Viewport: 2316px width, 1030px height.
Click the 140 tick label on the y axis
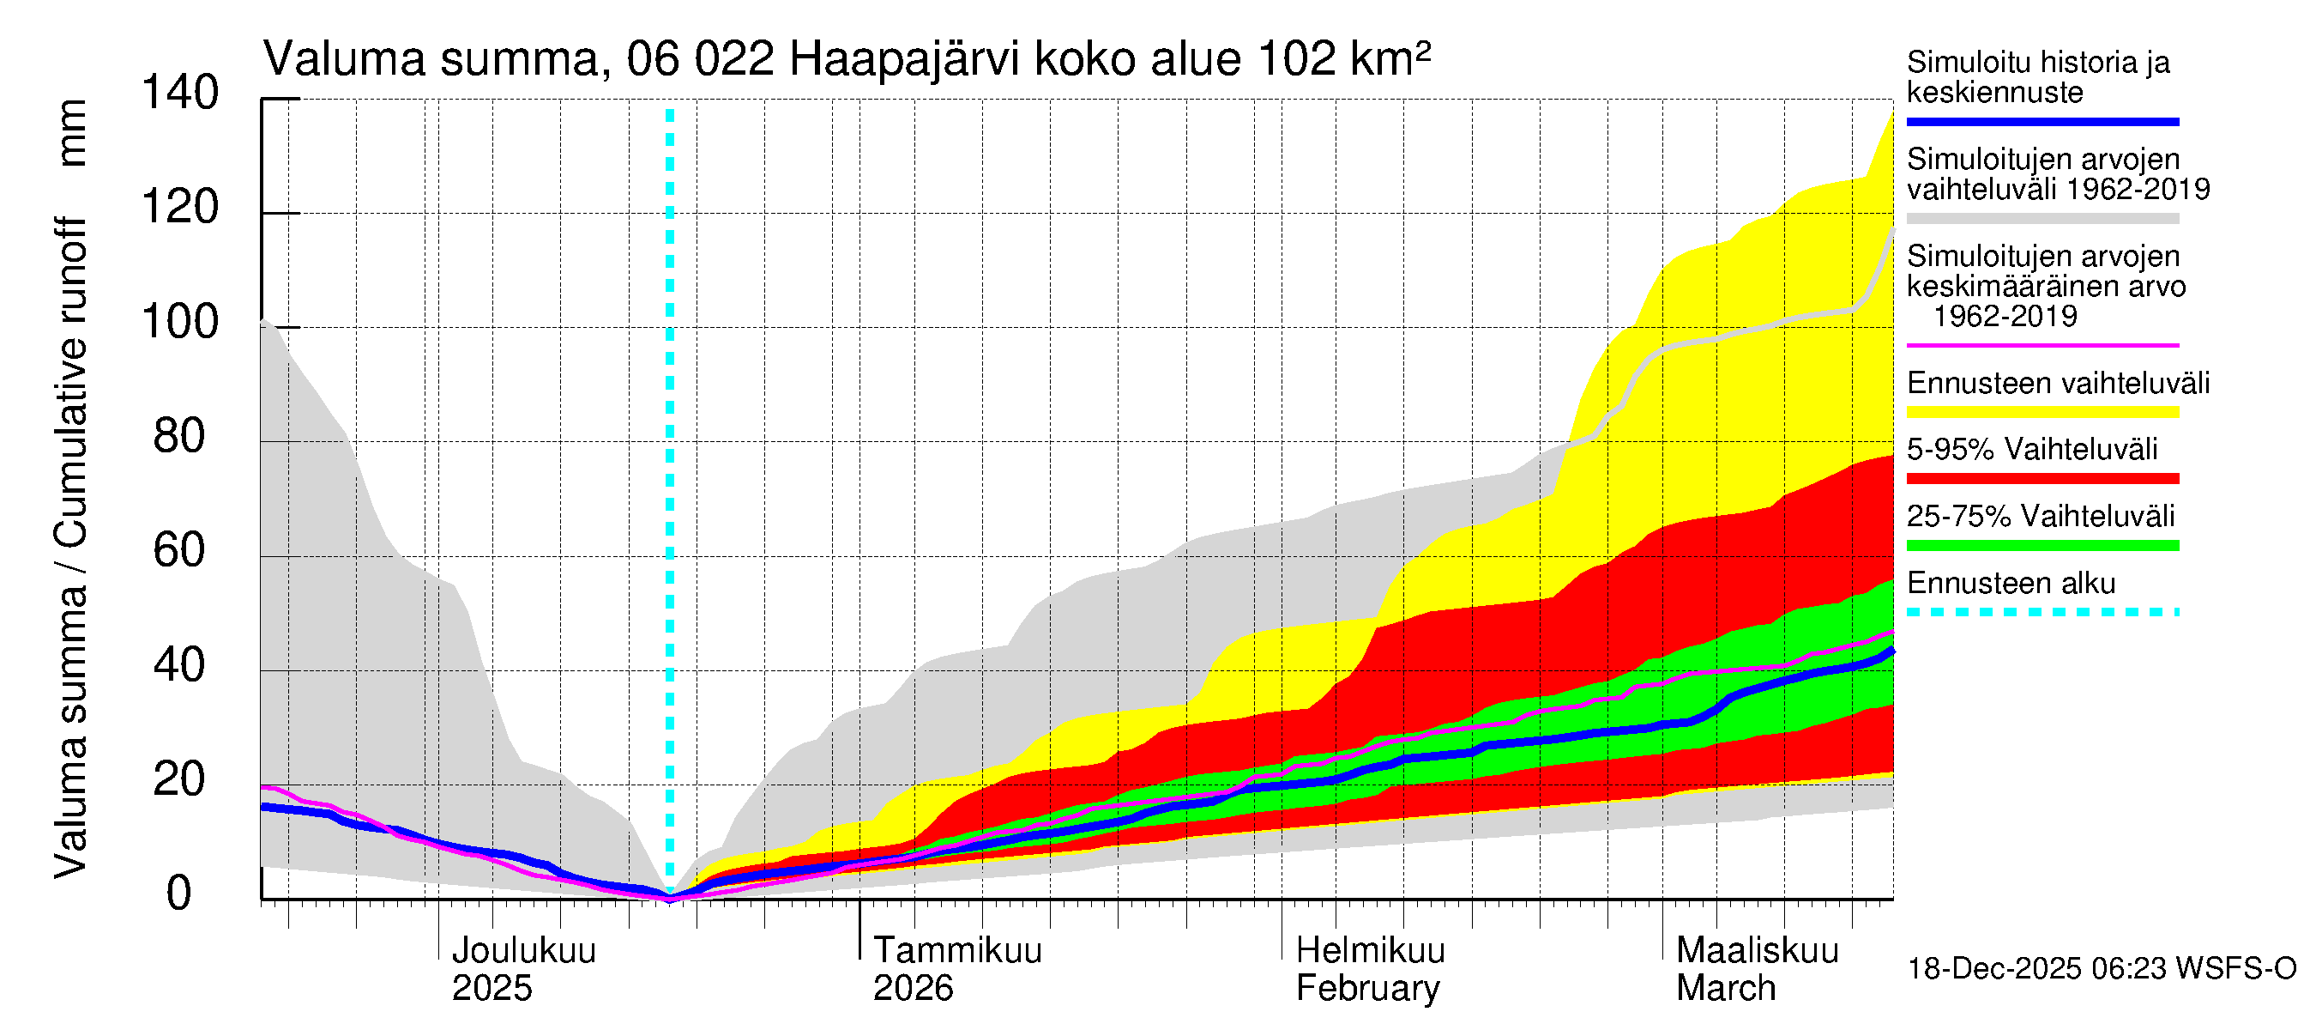(180, 93)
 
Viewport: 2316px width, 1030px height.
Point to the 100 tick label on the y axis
(180, 322)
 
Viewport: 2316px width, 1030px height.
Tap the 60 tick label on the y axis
(180, 550)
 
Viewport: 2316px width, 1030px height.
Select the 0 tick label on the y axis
(179, 894)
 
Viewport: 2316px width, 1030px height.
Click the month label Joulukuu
(523, 950)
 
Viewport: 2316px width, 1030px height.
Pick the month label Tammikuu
(957, 950)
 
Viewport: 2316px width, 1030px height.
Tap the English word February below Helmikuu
(1367, 988)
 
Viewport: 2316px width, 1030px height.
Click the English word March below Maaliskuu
(1725, 988)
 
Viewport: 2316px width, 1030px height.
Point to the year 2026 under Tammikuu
(913, 988)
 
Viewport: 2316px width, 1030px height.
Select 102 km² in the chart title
(1343, 60)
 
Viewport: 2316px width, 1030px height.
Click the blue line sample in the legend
(2042, 121)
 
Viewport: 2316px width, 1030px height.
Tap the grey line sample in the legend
(2042, 219)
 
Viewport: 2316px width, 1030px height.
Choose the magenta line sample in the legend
(2042, 345)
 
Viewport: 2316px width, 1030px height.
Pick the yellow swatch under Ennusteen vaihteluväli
(2042, 413)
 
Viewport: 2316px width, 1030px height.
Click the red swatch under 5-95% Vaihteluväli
(2042, 479)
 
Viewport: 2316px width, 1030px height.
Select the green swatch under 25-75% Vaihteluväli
(2042, 545)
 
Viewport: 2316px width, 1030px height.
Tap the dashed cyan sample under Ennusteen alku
(2042, 613)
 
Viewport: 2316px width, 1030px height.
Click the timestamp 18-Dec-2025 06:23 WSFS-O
(2101, 969)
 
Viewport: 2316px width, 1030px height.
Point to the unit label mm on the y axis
(72, 133)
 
